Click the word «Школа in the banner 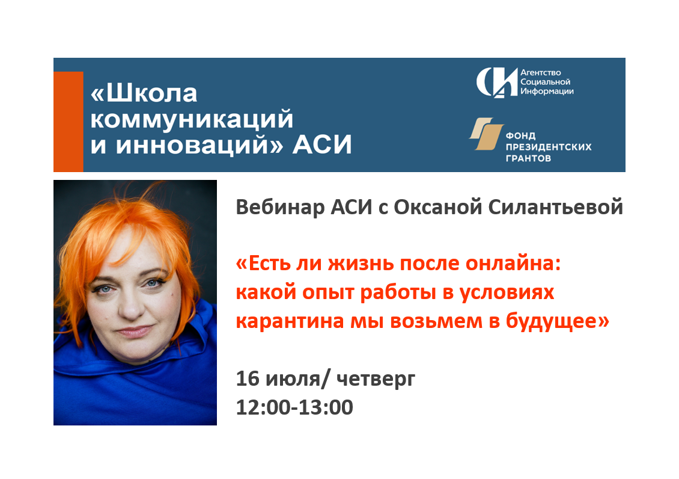[144, 93]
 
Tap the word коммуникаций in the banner [192, 119]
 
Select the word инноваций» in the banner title [199, 144]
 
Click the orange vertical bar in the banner [69, 122]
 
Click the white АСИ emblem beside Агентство [496, 82]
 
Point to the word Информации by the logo [547, 91]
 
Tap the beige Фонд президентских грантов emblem [487, 134]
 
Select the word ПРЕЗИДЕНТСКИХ [549, 147]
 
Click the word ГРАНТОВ [528, 158]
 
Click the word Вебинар [280, 207]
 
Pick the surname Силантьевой [556, 207]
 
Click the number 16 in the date [247, 379]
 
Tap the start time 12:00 [263, 407]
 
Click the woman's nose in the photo [130, 307]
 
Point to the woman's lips [134, 332]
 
